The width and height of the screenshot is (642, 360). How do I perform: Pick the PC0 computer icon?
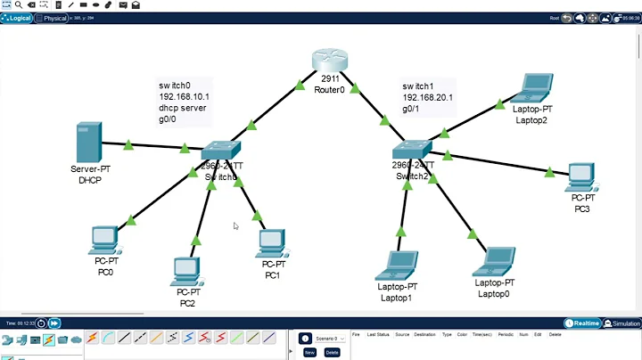click(x=104, y=239)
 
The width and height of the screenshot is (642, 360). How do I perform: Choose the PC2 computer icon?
click(x=185, y=269)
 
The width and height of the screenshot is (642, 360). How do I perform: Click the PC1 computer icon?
click(x=271, y=242)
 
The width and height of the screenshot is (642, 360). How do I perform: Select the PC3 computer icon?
click(x=581, y=176)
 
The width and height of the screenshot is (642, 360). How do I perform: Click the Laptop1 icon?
click(x=395, y=266)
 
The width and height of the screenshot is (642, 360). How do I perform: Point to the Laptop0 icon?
click(x=493, y=262)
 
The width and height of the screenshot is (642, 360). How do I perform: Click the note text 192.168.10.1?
click(x=184, y=97)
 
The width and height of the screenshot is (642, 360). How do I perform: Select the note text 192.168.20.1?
click(x=428, y=97)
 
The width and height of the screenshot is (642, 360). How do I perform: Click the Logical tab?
click(x=21, y=18)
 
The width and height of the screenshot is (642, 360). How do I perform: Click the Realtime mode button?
click(x=582, y=323)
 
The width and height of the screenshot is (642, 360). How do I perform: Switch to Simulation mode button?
click(x=622, y=323)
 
